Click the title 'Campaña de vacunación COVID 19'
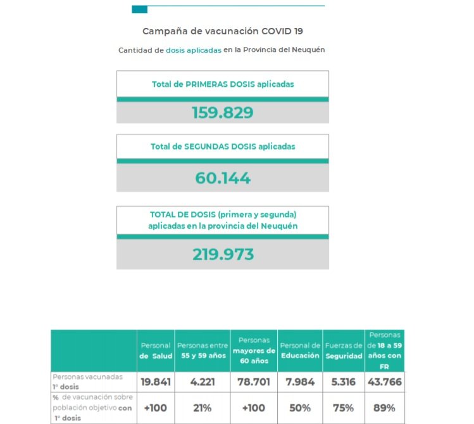tap(222, 31)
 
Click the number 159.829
tap(222, 113)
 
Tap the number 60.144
tap(222, 179)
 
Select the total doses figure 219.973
tap(222, 255)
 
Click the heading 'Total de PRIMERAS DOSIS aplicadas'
tap(222, 84)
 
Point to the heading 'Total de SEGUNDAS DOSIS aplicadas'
tap(222, 146)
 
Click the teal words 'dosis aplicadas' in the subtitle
tap(194, 49)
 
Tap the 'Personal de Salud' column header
tap(155, 350)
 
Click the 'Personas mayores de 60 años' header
tap(253, 350)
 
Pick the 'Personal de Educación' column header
tap(299, 350)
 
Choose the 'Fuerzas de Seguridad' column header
tap(343, 350)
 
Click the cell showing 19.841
tap(155, 382)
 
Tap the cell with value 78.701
tap(253, 382)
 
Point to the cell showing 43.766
tap(384, 382)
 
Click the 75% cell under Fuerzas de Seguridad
tap(343, 408)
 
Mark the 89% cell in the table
tap(384, 408)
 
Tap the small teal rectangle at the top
tap(139, 10)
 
